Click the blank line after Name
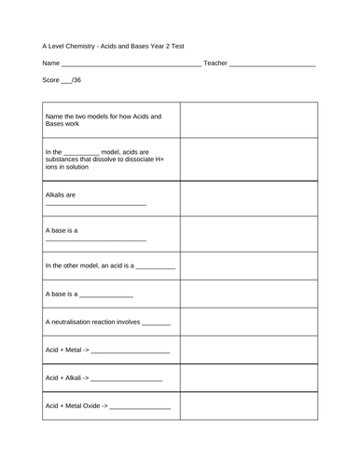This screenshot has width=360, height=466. click(x=131, y=64)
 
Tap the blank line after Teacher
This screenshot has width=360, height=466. click(x=271, y=64)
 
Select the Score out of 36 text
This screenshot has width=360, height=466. click(x=62, y=81)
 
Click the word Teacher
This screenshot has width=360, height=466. click(x=215, y=62)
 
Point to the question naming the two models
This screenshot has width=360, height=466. click(x=103, y=121)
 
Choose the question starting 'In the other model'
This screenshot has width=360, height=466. click(x=109, y=268)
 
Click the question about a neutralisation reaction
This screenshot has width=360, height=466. click(x=108, y=323)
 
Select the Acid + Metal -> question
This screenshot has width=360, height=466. click(x=106, y=350)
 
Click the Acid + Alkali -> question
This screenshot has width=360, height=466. click(x=104, y=378)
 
